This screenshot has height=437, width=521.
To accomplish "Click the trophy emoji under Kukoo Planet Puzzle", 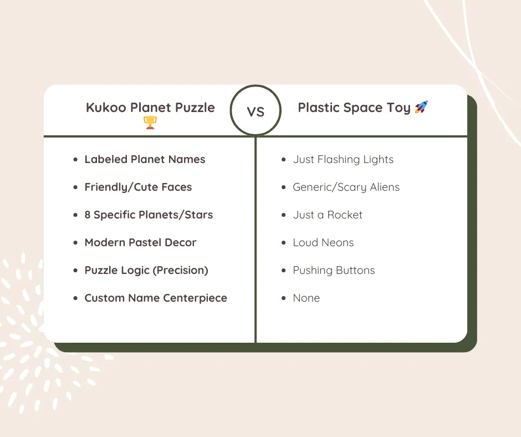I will pos(150,123).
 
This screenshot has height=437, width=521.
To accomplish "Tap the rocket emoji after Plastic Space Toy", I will pos(421,107).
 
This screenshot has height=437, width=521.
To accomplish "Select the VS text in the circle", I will pos(256,111).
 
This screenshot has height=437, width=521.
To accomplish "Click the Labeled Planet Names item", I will pos(145,160).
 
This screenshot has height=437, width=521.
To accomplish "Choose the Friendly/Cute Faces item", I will pos(138,187).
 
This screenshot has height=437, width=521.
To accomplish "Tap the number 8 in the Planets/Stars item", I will pos(88,215).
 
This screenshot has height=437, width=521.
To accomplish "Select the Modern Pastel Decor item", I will pos(140,243).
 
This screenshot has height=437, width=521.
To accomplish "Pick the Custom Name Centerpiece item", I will pos(156,298).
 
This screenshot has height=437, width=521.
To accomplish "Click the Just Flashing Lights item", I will pos(343,160).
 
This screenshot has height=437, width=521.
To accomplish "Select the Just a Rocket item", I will pos(328,215).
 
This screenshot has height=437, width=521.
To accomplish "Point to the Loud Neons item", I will pos(323,243).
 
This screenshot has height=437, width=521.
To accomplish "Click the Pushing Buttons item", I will pos(334,271).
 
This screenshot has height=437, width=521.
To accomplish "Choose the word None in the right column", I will pos(306,298).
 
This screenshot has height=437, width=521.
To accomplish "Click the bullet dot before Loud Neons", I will pos(283,243).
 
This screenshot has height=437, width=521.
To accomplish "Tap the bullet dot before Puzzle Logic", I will pos(75,271).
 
